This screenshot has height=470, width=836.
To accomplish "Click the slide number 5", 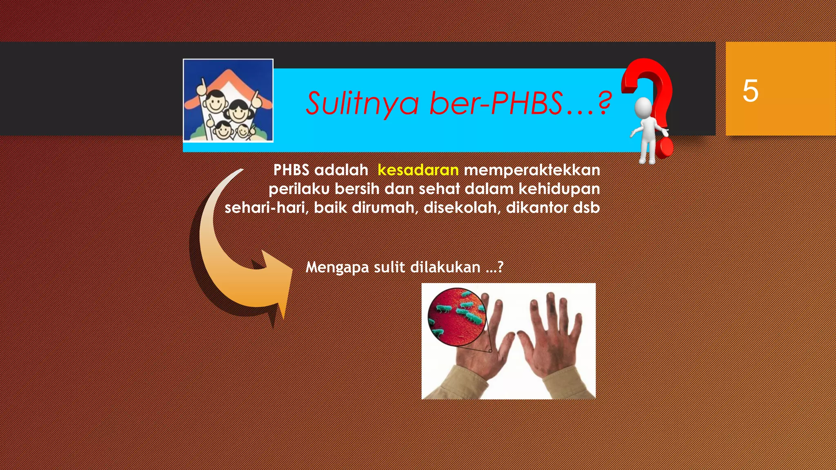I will [x=750, y=91].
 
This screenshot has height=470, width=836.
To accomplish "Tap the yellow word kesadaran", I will [x=418, y=170].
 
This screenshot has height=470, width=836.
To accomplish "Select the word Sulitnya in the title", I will [x=362, y=103].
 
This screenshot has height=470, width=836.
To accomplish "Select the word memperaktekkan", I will [x=532, y=170].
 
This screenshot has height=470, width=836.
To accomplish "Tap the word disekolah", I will [x=462, y=208].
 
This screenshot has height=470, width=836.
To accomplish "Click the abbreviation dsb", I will [x=587, y=208].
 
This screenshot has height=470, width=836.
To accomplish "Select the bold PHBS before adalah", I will [x=291, y=170].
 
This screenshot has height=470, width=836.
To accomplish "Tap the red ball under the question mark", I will [x=666, y=148].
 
